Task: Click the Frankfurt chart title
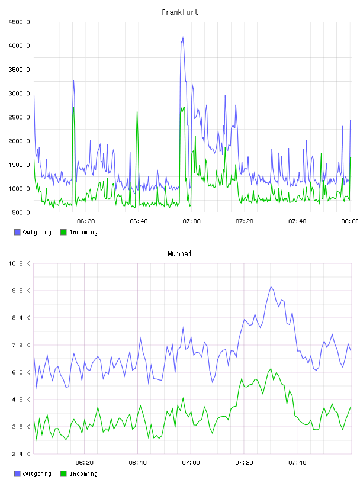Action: pyautogui.click(x=180, y=12)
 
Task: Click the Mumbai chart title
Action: pyautogui.click(x=179, y=254)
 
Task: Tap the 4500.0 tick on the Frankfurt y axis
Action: pyautogui.click(x=19, y=22)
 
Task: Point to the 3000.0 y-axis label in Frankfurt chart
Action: pyautogui.click(x=19, y=94)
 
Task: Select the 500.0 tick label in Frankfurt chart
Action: pyautogui.click(x=21, y=212)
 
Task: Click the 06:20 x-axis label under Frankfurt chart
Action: pyautogui.click(x=86, y=221)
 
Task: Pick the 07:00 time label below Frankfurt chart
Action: pyautogui.click(x=191, y=221)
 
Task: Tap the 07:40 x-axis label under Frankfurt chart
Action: pyautogui.click(x=297, y=221)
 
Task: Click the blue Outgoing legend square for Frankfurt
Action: pyautogui.click(x=17, y=232)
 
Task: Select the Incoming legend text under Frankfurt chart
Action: pyautogui.click(x=83, y=232)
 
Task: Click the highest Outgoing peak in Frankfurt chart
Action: pyautogui.click(x=183, y=37)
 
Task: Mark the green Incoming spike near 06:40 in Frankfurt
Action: pyautogui.click(x=137, y=112)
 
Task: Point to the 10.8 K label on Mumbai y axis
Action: pyautogui.click(x=19, y=263)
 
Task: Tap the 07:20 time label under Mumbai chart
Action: pyautogui.click(x=244, y=463)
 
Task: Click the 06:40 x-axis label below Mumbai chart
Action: pyautogui.click(x=137, y=463)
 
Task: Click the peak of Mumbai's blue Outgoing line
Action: pyautogui.click(x=271, y=286)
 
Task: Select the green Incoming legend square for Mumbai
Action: pyautogui.click(x=63, y=474)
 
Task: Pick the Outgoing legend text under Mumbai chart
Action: pyautogui.click(x=37, y=474)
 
